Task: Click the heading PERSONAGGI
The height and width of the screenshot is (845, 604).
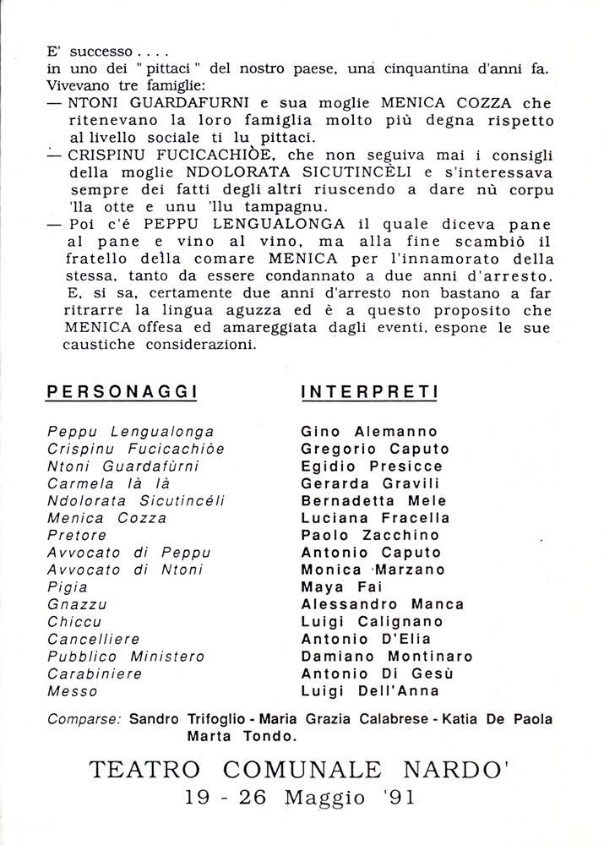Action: [x=122, y=392]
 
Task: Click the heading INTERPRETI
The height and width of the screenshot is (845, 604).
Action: [x=369, y=392]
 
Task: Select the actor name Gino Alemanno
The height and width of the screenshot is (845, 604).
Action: [x=369, y=432]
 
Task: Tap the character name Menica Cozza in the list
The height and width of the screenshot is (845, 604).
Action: [x=107, y=518]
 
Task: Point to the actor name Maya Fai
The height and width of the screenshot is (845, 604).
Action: [x=337, y=587]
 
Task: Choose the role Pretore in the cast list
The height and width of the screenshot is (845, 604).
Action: [x=78, y=536]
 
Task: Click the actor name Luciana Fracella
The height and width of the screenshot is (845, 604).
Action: [x=375, y=518]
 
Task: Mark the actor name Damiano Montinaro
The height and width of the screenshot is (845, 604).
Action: [x=387, y=657]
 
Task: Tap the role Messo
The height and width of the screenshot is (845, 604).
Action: [x=73, y=691]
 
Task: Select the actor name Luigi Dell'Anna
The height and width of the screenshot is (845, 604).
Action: [x=370, y=691]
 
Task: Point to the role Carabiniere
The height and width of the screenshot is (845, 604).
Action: [x=95, y=674]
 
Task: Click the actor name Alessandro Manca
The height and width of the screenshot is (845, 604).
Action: [x=383, y=605]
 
